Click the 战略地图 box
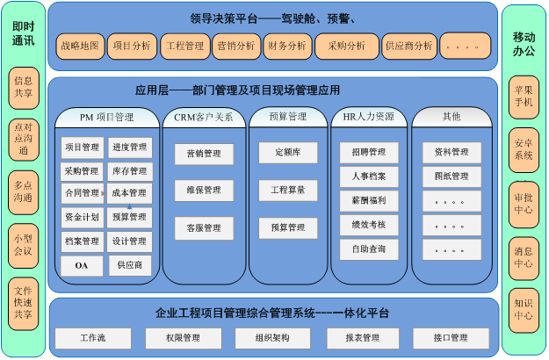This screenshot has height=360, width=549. coord(80,47)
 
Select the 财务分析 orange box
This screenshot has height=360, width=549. coord(287,47)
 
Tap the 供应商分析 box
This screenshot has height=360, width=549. coord(409,47)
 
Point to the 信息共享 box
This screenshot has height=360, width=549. coord(24,88)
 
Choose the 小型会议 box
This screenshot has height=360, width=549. coord(24,246)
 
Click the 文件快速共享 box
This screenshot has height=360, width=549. coord(24,303)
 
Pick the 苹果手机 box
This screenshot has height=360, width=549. coord(524,97)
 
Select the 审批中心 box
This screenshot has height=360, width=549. coord(524,205)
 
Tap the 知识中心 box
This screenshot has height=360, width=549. coord(524,310)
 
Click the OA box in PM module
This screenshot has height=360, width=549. coord(82,265)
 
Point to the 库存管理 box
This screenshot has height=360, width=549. coord(129,171)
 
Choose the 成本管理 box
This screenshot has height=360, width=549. coord(129,193)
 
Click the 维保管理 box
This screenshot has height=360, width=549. coord(204,191)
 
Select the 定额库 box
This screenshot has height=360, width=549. coord(288,153)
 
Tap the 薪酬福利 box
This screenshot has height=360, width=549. coord(369,201)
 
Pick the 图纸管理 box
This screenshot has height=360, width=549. coord(451,176)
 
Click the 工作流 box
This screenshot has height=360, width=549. coord(93,338)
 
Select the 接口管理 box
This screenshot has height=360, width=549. coord(451,338)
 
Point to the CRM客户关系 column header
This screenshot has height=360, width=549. coord(204,117)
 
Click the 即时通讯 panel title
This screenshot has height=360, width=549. coord(24,33)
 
